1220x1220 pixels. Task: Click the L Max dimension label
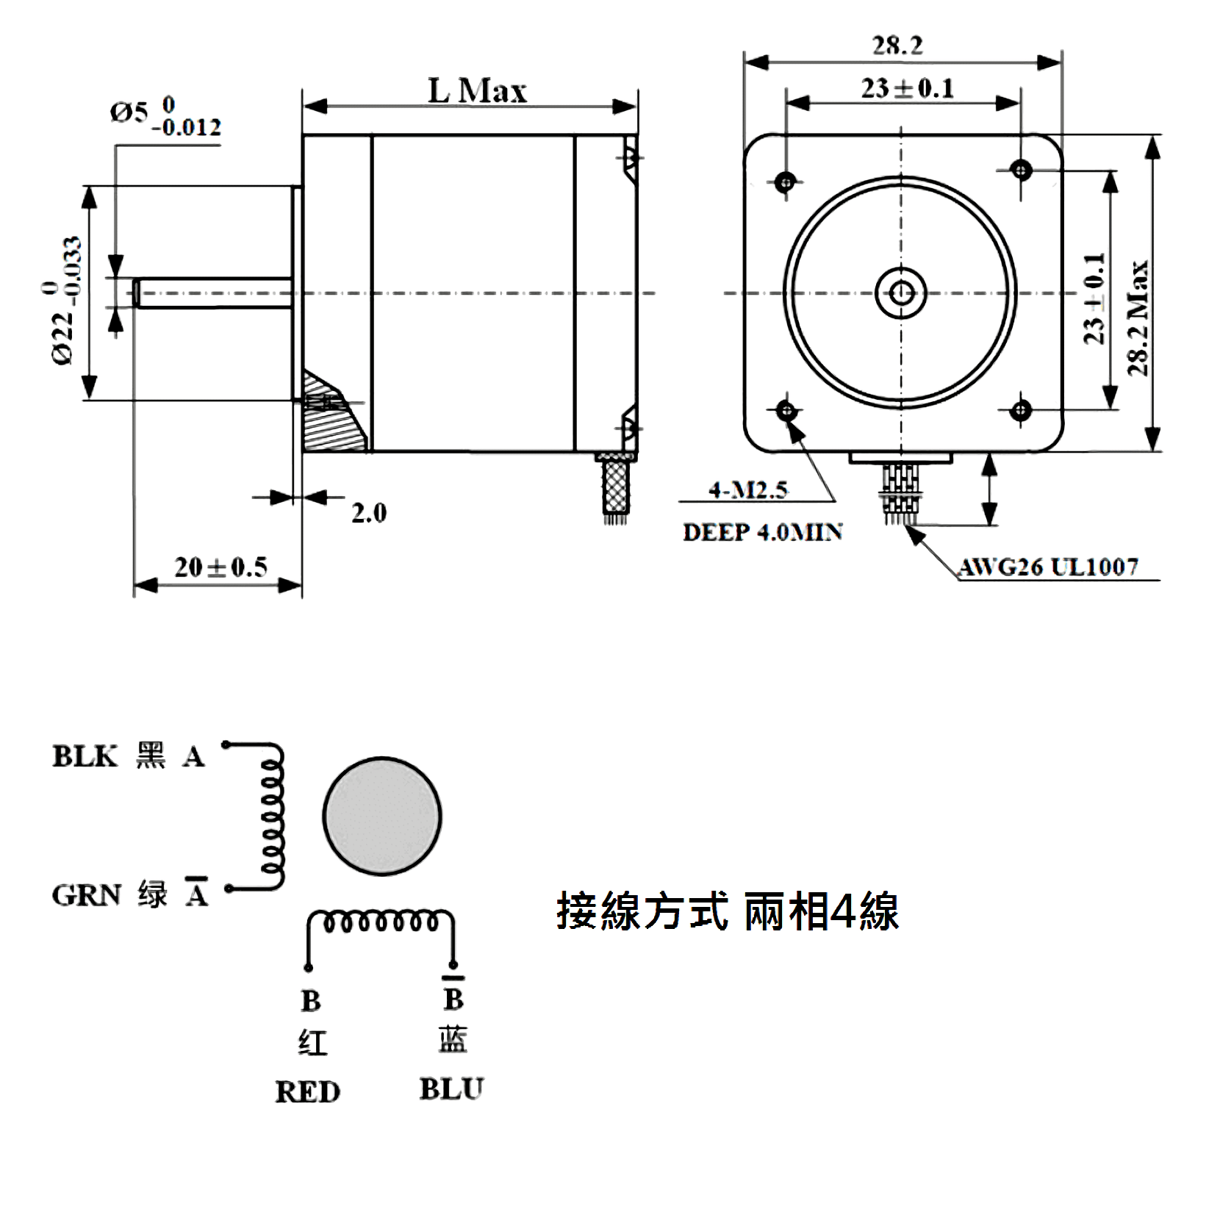click(x=478, y=91)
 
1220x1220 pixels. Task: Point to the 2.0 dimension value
click(x=368, y=513)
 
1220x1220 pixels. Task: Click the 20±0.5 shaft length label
click(x=220, y=567)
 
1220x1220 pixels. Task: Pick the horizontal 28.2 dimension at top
click(x=897, y=46)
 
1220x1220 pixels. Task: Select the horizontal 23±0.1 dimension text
click(x=908, y=89)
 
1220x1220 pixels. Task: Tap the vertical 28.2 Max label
click(x=1138, y=317)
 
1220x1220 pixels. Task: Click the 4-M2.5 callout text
click(x=748, y=489)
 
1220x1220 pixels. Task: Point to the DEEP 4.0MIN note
click(x=762, y=532)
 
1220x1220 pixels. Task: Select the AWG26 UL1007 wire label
click(x=1049, y=567)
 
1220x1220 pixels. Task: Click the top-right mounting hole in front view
click(x=1021, y=171)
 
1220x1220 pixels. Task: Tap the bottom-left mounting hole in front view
click(x=786, y=410)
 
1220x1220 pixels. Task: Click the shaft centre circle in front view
click(x=902, y=293)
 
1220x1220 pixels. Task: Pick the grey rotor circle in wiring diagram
click(x=382, y=817)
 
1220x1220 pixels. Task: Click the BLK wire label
click(x=84, y=756)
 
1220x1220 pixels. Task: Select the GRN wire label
click(x=86, y=896)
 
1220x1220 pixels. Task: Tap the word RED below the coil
click(x=308, y=1092)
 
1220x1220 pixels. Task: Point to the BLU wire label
click(x=451, y=1089)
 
